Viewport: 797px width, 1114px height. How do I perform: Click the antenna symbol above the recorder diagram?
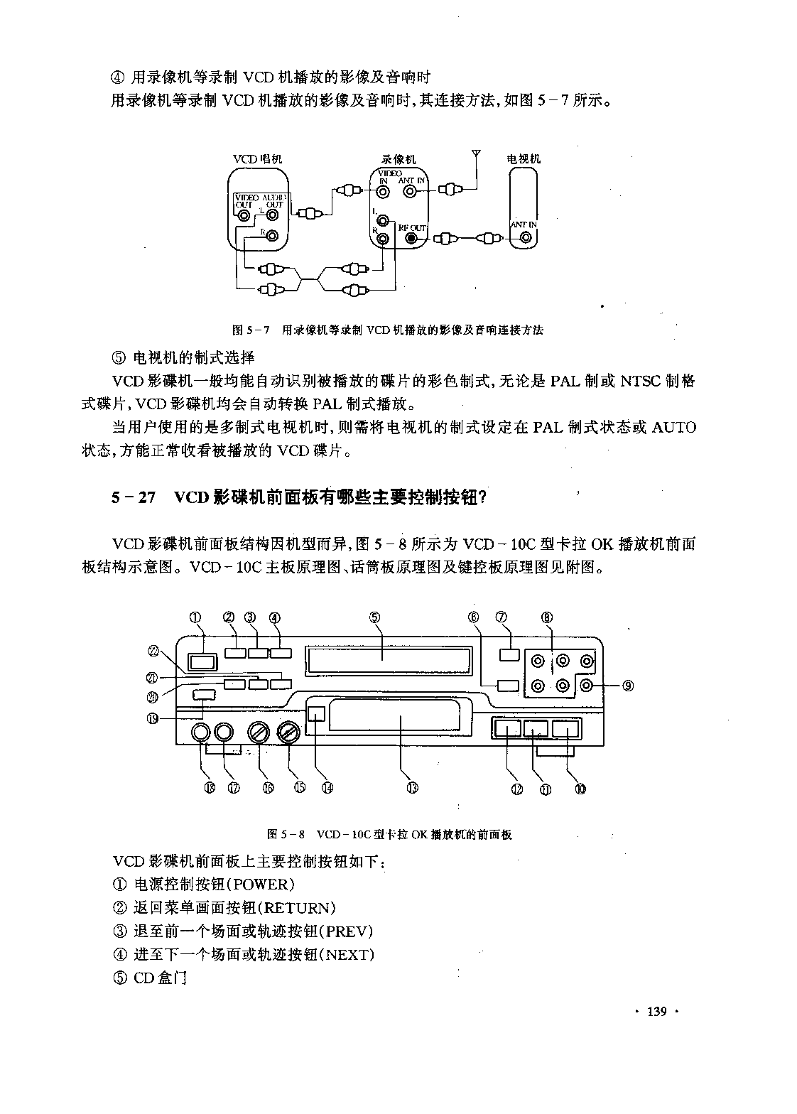coord(476,153)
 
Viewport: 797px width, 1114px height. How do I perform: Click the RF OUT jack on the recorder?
coord(411,238)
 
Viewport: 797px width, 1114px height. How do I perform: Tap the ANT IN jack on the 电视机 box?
coord(526,238)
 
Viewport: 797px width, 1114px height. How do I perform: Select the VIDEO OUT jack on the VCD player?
coord(244,215)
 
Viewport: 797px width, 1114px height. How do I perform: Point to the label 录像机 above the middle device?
coord(398,159)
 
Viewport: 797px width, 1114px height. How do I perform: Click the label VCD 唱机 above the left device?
coord(258,159)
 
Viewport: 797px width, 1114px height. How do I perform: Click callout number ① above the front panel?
coord(195,617)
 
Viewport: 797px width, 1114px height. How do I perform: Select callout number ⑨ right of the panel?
coord(628,686)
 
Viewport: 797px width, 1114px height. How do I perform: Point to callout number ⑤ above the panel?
coord(374,617)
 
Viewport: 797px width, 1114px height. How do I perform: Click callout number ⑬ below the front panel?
coord(412,788)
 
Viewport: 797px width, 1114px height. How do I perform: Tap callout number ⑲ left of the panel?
coord(153,718)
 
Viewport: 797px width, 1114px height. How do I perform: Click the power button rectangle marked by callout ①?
coord(202,662)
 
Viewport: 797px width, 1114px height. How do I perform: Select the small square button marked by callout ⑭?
coord(316,713)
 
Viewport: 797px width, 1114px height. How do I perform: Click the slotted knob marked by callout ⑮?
coord(288,732)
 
